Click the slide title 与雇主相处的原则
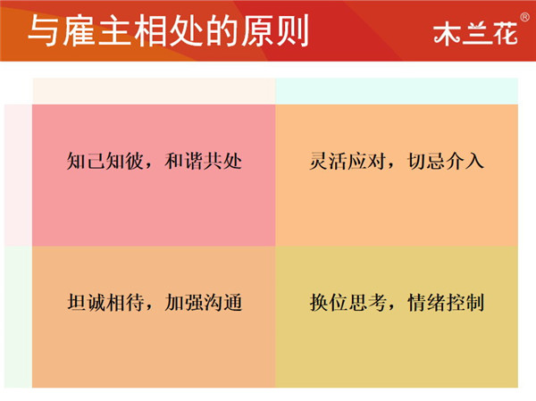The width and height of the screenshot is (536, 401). click(169, 30)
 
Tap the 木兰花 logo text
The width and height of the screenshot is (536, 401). click(475, 34)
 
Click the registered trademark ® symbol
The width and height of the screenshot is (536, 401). click(524, 17)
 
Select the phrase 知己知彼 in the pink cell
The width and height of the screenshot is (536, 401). click(105, 161)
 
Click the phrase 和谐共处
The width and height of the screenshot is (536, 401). click(204, 161)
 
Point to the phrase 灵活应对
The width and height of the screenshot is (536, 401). click(348, 161)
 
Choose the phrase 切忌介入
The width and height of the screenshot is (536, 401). click(446, 161)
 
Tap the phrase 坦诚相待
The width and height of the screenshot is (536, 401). click(105, 302)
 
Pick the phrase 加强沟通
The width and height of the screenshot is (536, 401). click(204, 302)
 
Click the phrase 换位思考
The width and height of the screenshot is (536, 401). click(348, 302)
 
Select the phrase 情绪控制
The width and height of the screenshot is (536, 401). click(446, 302)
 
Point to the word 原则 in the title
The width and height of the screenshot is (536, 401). click(275, 30)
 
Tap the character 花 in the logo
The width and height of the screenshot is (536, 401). click(505, 34)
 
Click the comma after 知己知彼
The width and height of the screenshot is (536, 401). click(148, 166)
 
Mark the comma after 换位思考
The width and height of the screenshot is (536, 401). click(392, 308)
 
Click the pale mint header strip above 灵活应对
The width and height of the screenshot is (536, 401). click(397, 91)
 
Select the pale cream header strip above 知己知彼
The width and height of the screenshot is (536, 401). click(154, 91)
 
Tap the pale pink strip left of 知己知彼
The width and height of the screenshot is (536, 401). click(19, 175)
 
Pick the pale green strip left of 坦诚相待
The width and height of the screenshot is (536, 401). click(19, 317)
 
